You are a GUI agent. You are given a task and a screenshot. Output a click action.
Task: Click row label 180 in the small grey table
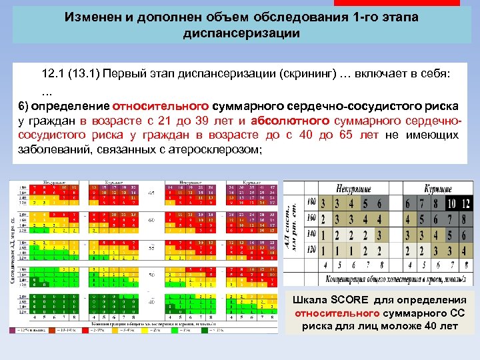pos(310,203)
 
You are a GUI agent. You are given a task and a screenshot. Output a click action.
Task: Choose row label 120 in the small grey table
pos(310,250)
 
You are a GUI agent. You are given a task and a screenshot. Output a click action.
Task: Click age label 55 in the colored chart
pos(151,247)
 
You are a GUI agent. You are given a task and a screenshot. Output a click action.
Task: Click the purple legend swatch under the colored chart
pos(13,329)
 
